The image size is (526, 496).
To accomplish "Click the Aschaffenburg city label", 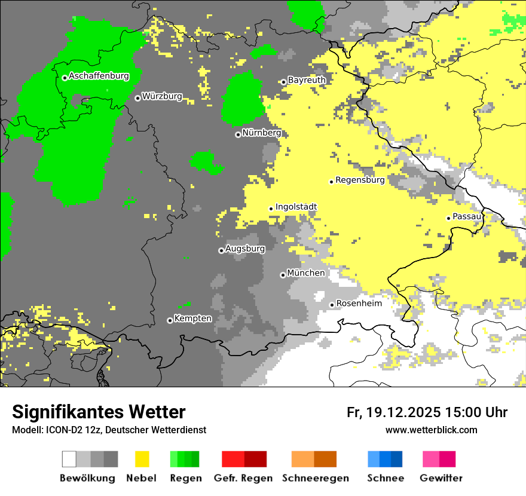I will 99,76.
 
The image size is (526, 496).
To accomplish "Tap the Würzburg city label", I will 162,96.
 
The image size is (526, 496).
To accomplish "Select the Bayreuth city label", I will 307,80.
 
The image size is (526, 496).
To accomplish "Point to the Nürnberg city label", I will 261,133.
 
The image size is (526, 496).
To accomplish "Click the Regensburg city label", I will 360,179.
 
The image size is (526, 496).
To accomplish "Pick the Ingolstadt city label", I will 296,207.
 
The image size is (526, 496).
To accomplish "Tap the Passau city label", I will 467,216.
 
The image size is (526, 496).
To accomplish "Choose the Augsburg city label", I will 245,249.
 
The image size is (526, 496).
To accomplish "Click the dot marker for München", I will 283,275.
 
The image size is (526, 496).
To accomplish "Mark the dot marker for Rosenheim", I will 332,305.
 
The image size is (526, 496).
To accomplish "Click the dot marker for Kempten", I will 170,320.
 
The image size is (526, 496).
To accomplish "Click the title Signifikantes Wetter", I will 99,412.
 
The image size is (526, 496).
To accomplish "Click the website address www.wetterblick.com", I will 431,430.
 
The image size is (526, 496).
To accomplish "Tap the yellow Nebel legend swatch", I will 142,459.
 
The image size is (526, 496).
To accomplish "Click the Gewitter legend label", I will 441,478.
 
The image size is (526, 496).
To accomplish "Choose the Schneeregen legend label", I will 315,478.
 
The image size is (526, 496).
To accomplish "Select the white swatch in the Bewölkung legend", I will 69,459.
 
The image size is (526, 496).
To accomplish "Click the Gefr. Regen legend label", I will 243,478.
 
